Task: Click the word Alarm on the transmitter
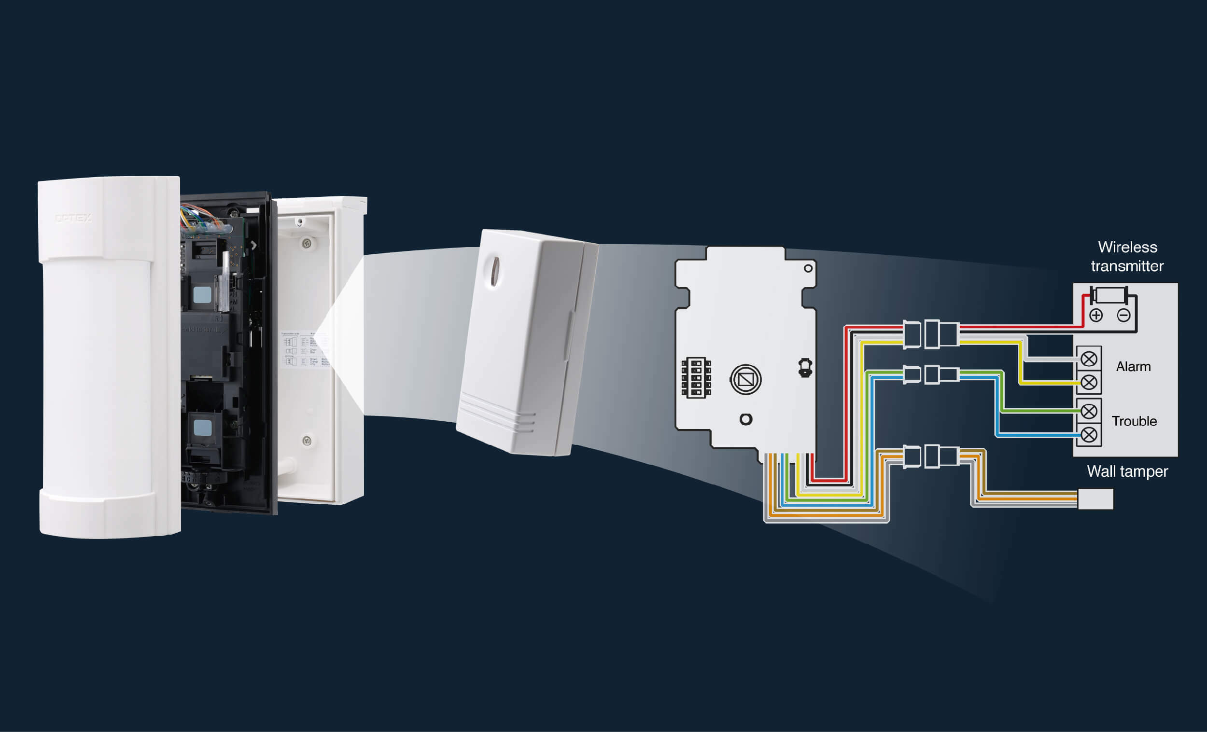[x=1133, y=367]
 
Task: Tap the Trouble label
[x=1134, y=421]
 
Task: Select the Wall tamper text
[x=1127, y=471]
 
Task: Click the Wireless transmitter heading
[x=1127, y=257]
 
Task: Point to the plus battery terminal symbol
[x=1096, y=315]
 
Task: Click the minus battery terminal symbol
[x=1124, y=315]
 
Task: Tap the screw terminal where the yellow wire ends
[x=1088, y=382]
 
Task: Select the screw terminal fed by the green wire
[x=1088, y=411]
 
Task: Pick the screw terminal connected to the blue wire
[x=1088, y=434]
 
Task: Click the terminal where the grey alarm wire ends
[x=1088, y=359]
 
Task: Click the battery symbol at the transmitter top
[x=1110, y=296]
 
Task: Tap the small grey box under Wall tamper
[x=1095, y=499]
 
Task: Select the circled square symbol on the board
[x=745, y=379]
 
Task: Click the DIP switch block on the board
[x=696, y=378]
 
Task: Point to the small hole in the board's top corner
[x=808, y=268]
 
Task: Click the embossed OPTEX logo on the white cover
[x=73, y=218]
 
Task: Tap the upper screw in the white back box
[x=307, y=243]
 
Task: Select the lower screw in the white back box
[x=307, y=441]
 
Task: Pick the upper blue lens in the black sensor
[x=202, y=295]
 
